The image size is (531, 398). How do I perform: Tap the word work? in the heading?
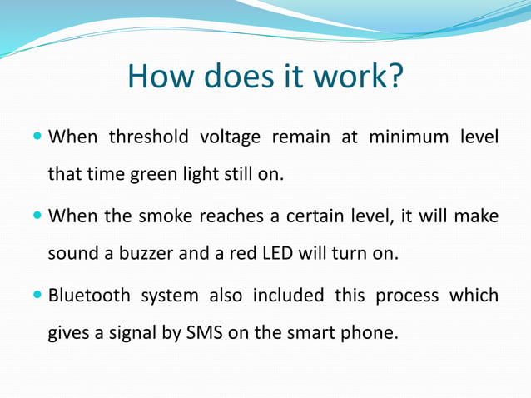(358, 77)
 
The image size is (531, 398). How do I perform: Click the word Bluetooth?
(89, 295)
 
